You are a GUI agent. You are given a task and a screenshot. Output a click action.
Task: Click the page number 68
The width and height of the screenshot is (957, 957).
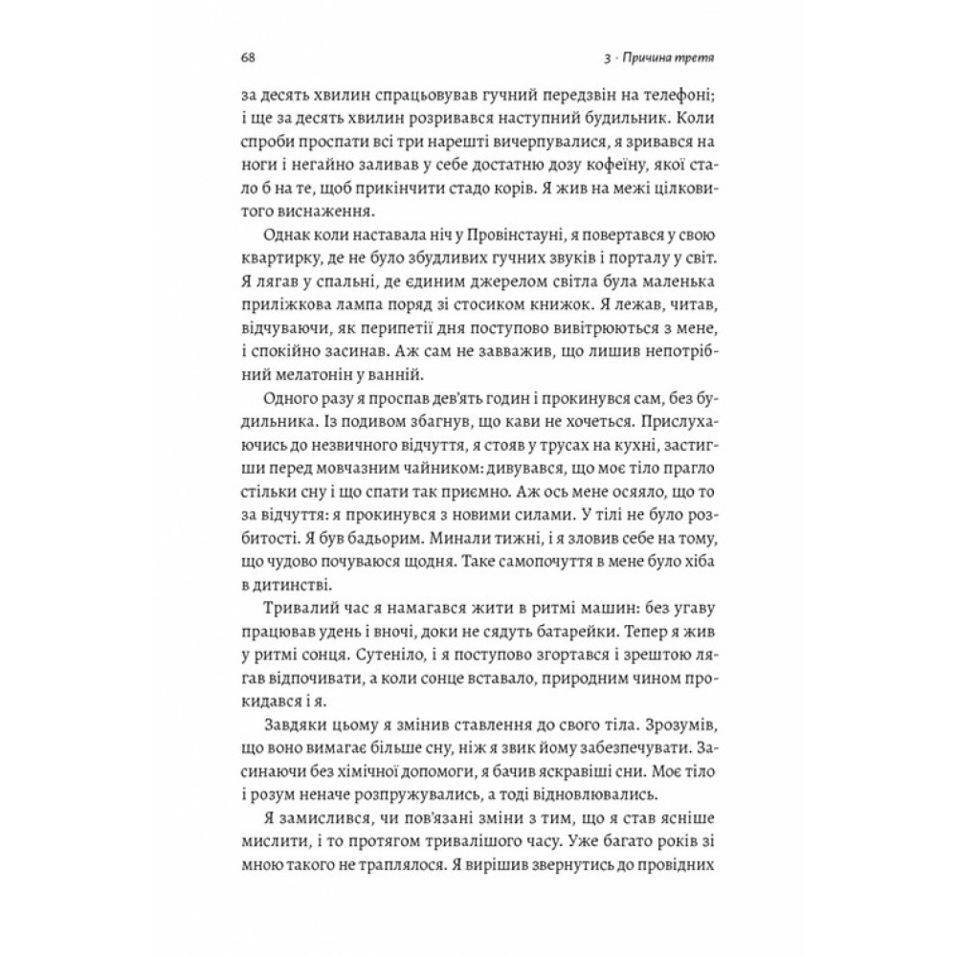click(x=246, y=58)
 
